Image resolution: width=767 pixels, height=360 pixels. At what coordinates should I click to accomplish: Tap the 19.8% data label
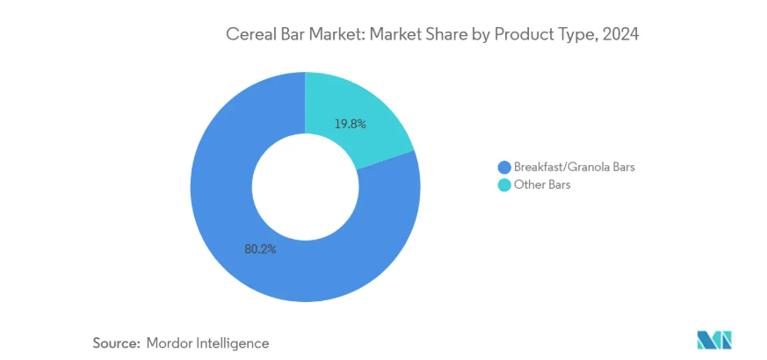(x=350, y=124)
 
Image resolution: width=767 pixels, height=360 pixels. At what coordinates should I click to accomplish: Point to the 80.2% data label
(x=260, y=249)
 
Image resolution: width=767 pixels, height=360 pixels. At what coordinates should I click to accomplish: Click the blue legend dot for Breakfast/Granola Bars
(x=503, y=167)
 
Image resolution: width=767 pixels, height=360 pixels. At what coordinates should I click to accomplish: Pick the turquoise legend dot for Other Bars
(x=503, y=185)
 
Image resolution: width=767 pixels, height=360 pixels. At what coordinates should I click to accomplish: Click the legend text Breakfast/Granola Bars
(x=573, y=167)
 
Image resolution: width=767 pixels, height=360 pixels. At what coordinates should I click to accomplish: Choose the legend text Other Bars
(x=542, y=185)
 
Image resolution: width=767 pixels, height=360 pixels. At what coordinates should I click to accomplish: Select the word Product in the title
(x=520, y=36)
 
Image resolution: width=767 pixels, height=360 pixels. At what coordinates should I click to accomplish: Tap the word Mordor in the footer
(x=173, y=342)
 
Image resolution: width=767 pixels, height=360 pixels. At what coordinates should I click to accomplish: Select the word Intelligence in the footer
(x=235, y=342)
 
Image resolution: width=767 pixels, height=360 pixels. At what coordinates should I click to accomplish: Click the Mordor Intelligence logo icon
(x=713, y=340)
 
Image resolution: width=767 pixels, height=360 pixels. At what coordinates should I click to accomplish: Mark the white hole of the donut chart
(x=305, y=187)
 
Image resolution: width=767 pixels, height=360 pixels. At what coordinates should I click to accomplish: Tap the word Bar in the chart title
(x=294, y=36)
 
